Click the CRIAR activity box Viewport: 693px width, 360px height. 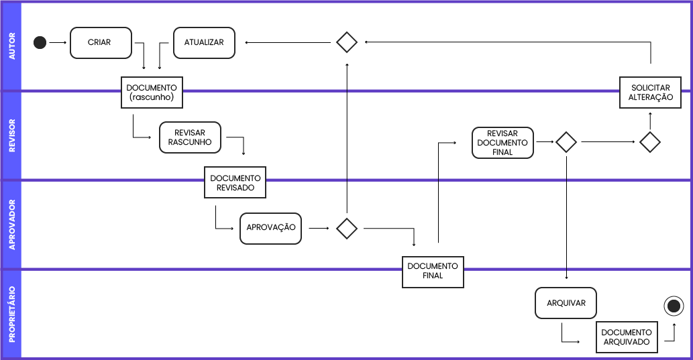coord(101,43)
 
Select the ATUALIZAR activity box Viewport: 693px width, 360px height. coord(204,43)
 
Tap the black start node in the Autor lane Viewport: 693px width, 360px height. coord(40,43)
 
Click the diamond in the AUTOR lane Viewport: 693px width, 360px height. coord(346,42)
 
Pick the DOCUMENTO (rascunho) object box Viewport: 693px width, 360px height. coord(152,93)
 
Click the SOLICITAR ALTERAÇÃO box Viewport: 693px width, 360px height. coord(651,93)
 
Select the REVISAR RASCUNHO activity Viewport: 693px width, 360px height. coord(190,137)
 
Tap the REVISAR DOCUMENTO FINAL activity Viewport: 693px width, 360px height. coord(502,143)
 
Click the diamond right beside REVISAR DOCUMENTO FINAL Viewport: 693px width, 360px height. coord(566,142)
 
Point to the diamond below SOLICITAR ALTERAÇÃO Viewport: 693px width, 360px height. coord(649,142)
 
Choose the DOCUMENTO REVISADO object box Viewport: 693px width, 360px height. coord(235,182)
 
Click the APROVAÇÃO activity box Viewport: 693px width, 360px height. coord(270,228)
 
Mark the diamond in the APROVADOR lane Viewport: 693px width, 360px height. coord(346,229)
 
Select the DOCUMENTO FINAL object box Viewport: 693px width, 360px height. coord(433,272)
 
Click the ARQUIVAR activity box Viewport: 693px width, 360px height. coord(566,303)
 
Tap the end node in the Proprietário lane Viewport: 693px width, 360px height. coord(673,306)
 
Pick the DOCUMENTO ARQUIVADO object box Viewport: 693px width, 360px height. coord(627,337)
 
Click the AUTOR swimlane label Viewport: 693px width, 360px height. coord(11,46)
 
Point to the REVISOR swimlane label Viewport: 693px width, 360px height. coord(11,136)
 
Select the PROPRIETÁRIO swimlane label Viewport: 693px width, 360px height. coord(11,314)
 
